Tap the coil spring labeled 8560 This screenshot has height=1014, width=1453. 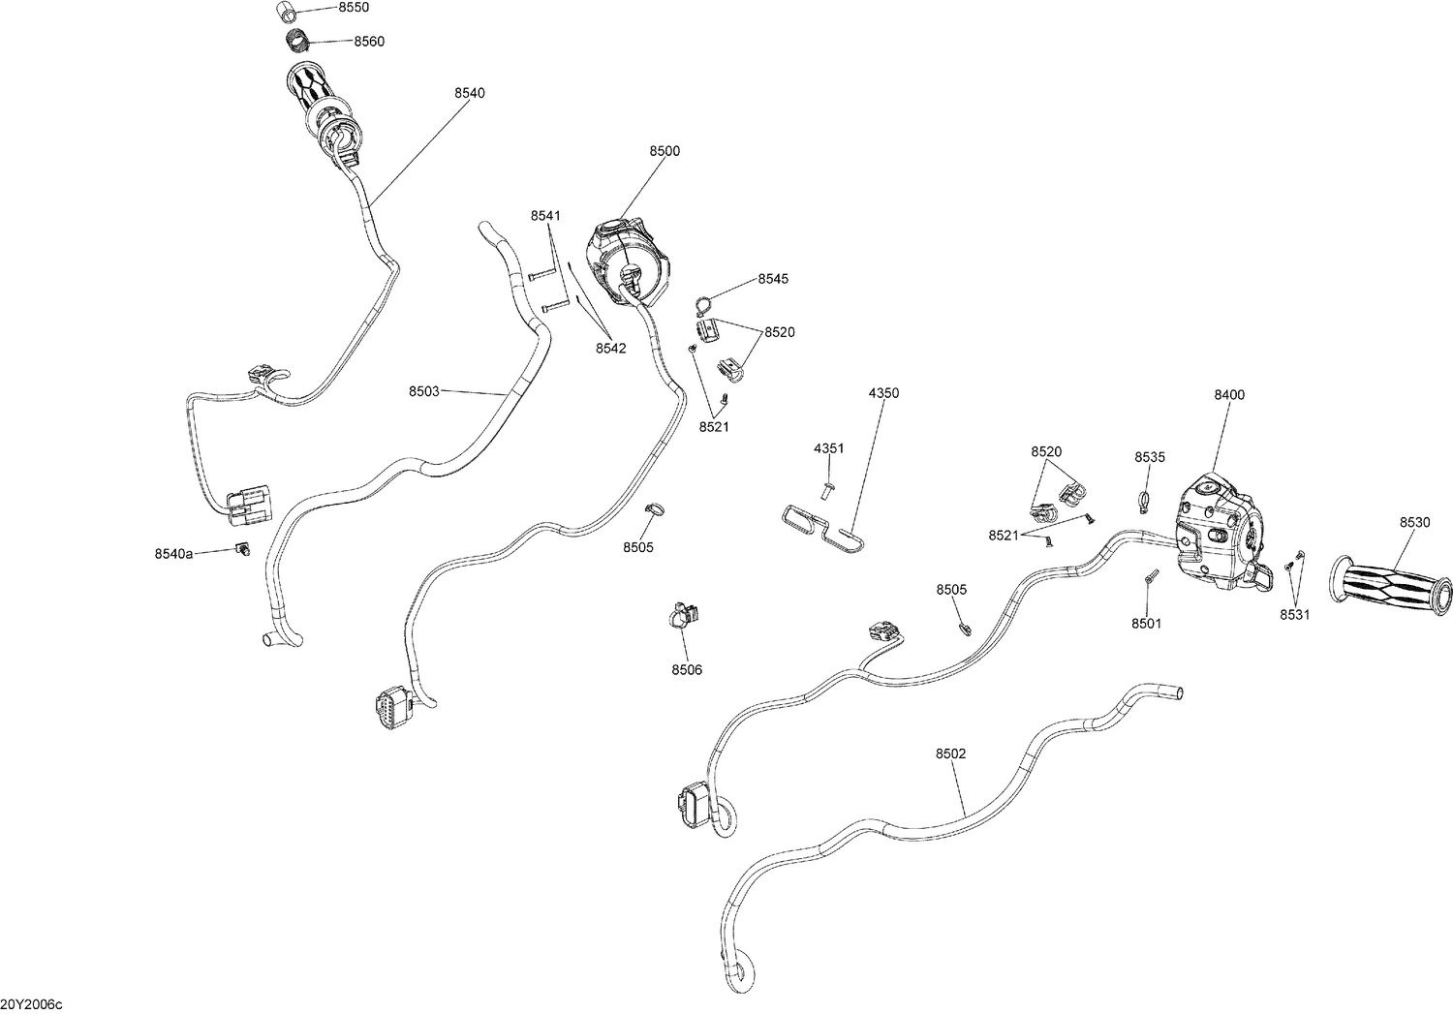point(298,41)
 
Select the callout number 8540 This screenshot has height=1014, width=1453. point(469,93)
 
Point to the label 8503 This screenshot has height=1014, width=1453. point(423,391)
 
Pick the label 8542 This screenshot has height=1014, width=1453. point(610,348)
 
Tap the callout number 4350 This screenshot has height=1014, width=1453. point(882,393)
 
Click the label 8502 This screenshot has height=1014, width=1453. point(950,753)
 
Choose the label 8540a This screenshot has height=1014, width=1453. point(173,553)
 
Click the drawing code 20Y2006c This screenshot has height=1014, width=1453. point(32,1004)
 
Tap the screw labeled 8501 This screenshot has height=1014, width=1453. point(1149,578)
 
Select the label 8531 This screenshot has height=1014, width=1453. point(1293,614)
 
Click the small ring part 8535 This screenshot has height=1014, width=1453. point(1144,501)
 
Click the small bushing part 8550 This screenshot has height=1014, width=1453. point(286,12)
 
